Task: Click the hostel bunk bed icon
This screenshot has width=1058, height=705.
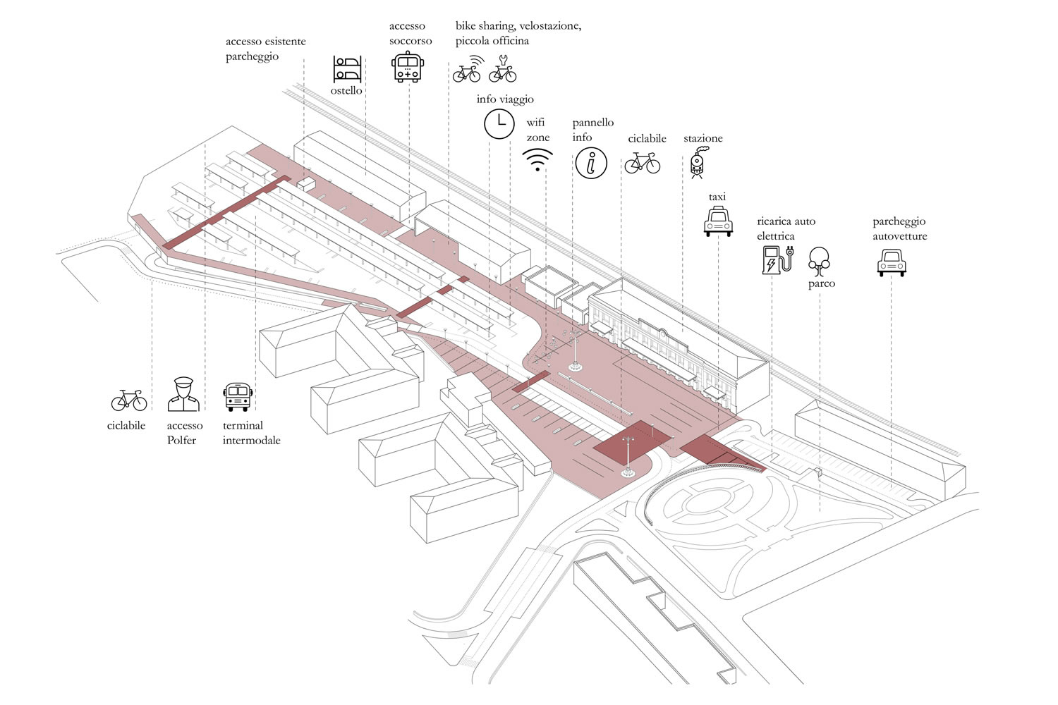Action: coord(347,69)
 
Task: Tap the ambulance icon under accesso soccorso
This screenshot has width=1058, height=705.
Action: coord(408,67)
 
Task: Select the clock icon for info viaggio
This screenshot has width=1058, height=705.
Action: coord(499,123)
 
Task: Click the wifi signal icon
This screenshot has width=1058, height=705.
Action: coord(538,160)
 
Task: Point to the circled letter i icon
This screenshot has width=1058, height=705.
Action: coord(591,164)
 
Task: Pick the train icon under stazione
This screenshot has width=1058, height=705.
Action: coord(697,163)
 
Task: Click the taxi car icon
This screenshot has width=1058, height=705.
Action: coord(718,221)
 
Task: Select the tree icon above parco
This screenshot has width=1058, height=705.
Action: coord(819,262)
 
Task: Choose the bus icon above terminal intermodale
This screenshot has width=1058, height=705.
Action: coord(238,397)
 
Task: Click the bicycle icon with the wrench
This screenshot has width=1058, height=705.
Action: coord(502,69)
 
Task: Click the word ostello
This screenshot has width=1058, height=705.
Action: coord(346,91)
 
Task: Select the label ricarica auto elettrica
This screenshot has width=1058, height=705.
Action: coord(786,228)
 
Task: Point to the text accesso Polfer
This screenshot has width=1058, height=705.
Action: coord(184,433)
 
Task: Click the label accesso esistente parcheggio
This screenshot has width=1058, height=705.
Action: coord(265,49)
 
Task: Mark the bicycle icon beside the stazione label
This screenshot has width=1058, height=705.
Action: coord(642,163)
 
